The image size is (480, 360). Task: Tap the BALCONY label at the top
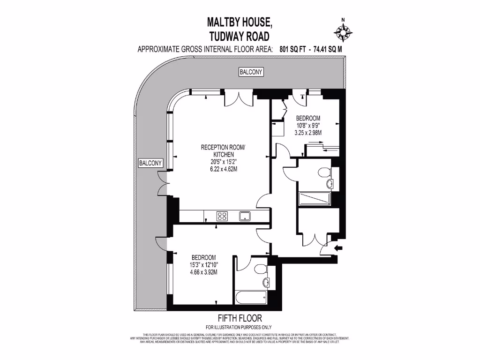point(251,72)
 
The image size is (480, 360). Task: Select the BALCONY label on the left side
point(150,163)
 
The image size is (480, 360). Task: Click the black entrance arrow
point(338,247)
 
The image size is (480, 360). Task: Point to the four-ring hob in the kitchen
point(222,216)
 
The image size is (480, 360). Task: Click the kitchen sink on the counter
point(244,216)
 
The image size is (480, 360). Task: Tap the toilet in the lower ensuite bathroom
point(261,269)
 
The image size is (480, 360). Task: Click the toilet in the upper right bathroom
point(323,171)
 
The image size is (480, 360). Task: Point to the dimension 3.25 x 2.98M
point(308,133)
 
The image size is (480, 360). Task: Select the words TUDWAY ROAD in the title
point(240,36)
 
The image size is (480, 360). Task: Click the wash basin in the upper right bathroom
point(330,183)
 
